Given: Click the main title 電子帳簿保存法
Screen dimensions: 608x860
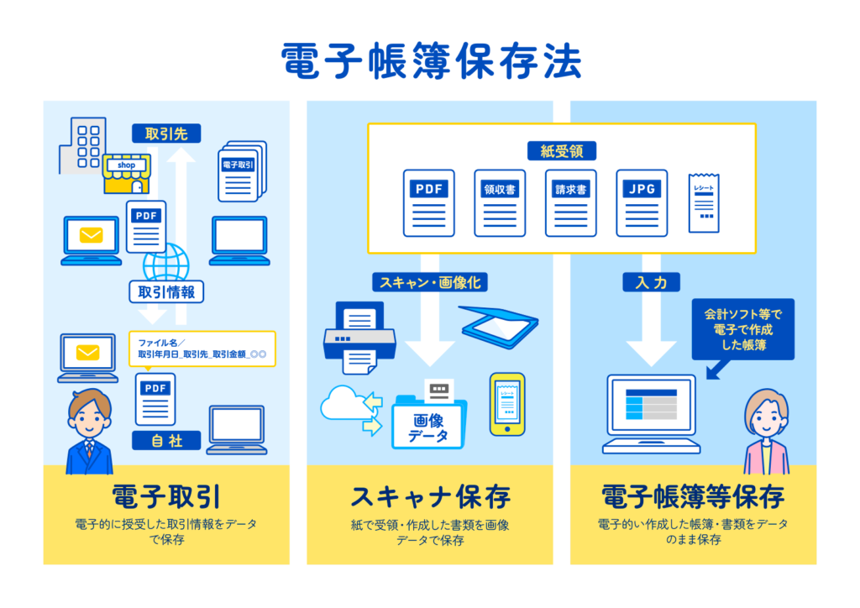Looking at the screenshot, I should pyautogui.click(x=430, y=62).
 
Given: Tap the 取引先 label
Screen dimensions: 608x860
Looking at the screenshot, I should pyautogui.click(x=165, y=133).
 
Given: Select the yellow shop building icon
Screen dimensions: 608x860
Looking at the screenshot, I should pyautogui.click(x=126, y=173).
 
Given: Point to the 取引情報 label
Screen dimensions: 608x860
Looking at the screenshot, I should pyautogui.click(x=166, y=291).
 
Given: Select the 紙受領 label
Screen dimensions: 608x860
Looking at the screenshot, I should pyautogui.click(x=561, y=150).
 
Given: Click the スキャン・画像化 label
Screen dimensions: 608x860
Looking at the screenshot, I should pyautogui.click(x=430, y=282).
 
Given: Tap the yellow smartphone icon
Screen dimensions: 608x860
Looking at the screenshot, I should pyautogui.click(x=507, y=404).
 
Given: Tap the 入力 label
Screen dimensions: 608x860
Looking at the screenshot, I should pyautogui.click(x=651, y=282).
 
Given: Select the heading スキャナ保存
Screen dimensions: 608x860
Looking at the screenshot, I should pyautogui.click(x=430, y=496).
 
